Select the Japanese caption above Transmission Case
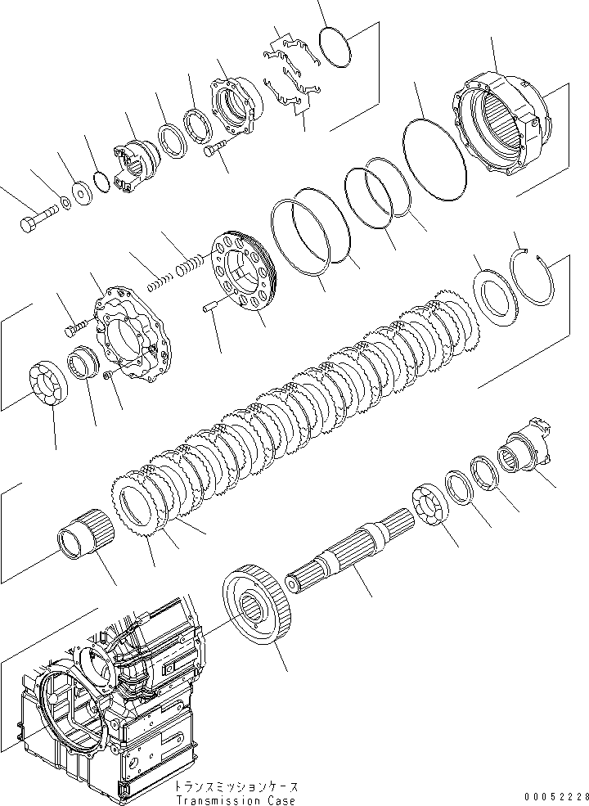click(237, 786)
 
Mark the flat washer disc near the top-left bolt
click(81, 193)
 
